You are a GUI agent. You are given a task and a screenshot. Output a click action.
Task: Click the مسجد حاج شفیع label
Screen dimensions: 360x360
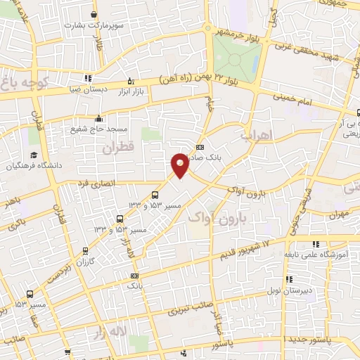tap(98, 129)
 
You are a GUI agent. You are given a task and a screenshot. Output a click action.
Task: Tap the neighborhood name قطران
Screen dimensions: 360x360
tap(117, 149)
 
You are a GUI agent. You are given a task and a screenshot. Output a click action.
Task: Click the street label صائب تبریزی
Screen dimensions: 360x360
tap(187, 307)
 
